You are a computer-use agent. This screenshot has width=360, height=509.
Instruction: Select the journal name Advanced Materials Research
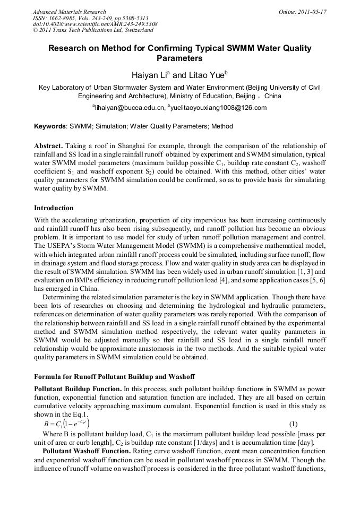point(69,12)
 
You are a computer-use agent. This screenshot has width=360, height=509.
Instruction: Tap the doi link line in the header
point(95,24)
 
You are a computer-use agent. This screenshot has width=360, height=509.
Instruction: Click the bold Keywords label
point(50,127)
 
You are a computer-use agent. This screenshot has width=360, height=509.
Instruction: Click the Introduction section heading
point(54,208)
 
